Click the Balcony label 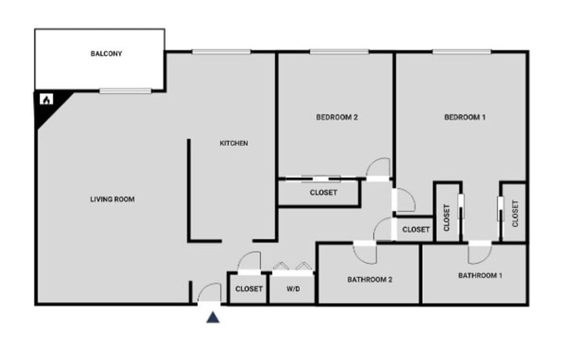[x=106, y=54]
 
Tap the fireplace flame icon [x=45, y=99]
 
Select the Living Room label [x=112, y=199]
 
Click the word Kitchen [x=233, y=143]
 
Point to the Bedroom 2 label [x=337, y=117]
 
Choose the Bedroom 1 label [x=464, y=117]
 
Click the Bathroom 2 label [x=370, y=280]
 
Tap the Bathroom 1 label [x=480, y=276]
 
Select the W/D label [x=293, y=289]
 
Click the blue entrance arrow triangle [x=213, y=317]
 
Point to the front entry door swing [x=210, y=293]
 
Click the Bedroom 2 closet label [x=323, y=193]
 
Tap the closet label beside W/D [x=249, y=289]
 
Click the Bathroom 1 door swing [x=479, y=253]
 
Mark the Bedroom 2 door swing [x=380, y=168]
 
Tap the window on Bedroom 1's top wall [x=461, y=52]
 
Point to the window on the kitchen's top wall [x=221, y=52]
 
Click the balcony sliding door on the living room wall [x=125, y=91]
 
